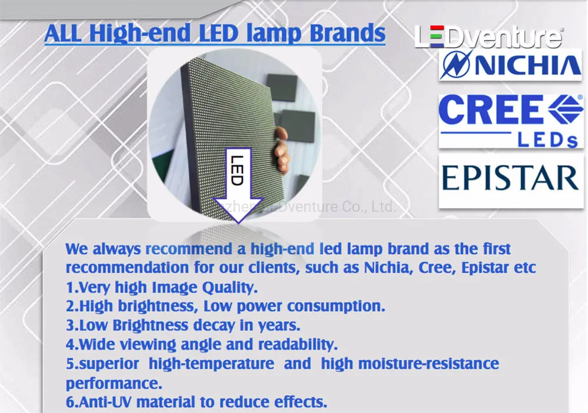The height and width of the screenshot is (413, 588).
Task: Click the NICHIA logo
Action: coord(510,65)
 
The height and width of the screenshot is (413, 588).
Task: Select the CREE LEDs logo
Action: coord(510,121)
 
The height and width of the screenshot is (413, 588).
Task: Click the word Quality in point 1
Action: coord(230,288)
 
